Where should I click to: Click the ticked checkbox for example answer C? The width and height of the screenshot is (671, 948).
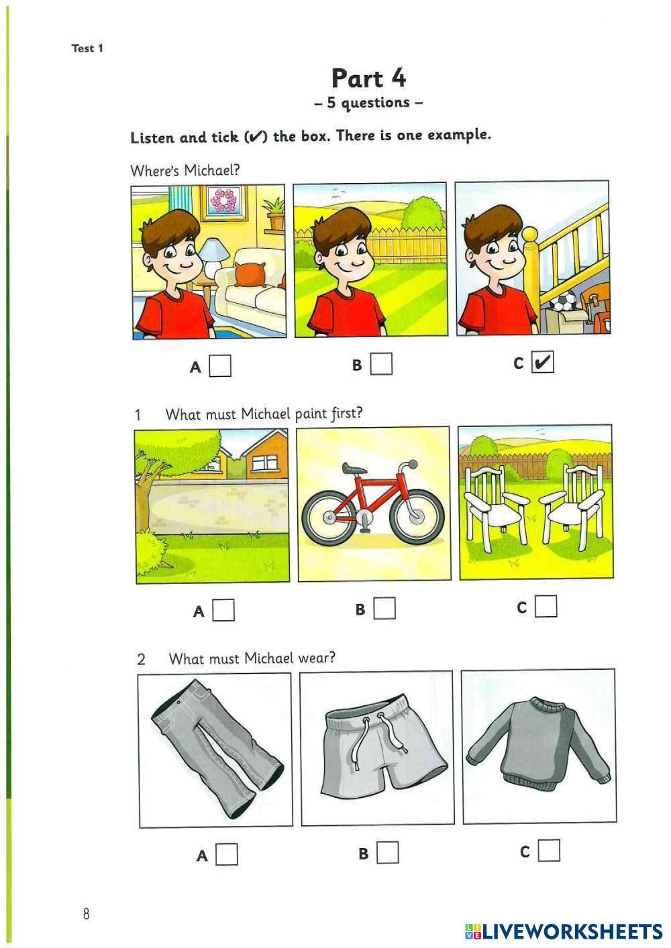(x=543, y=362)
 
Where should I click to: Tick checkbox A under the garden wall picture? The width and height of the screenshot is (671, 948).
(x=223, y=610)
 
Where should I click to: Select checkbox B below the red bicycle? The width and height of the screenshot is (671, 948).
(x=384, y=608)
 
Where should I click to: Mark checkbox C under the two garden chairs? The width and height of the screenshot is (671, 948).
(x=546, y=607)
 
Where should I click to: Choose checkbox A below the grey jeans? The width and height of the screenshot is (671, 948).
(x=227, y=854)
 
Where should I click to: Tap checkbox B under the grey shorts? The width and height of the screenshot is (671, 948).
(x=388, y=852)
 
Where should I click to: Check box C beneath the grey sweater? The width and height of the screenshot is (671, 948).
(x=550, y=851)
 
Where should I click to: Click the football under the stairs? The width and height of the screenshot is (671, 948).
(x=562, y=301)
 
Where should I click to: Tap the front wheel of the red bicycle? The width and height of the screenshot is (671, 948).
(x=417, y=516)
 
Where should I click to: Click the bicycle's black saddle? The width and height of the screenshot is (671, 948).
(x=355, y=469)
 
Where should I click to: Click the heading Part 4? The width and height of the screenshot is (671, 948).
(x=368, y=78)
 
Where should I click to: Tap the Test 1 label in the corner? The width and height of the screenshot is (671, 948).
(x=87, y=48)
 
